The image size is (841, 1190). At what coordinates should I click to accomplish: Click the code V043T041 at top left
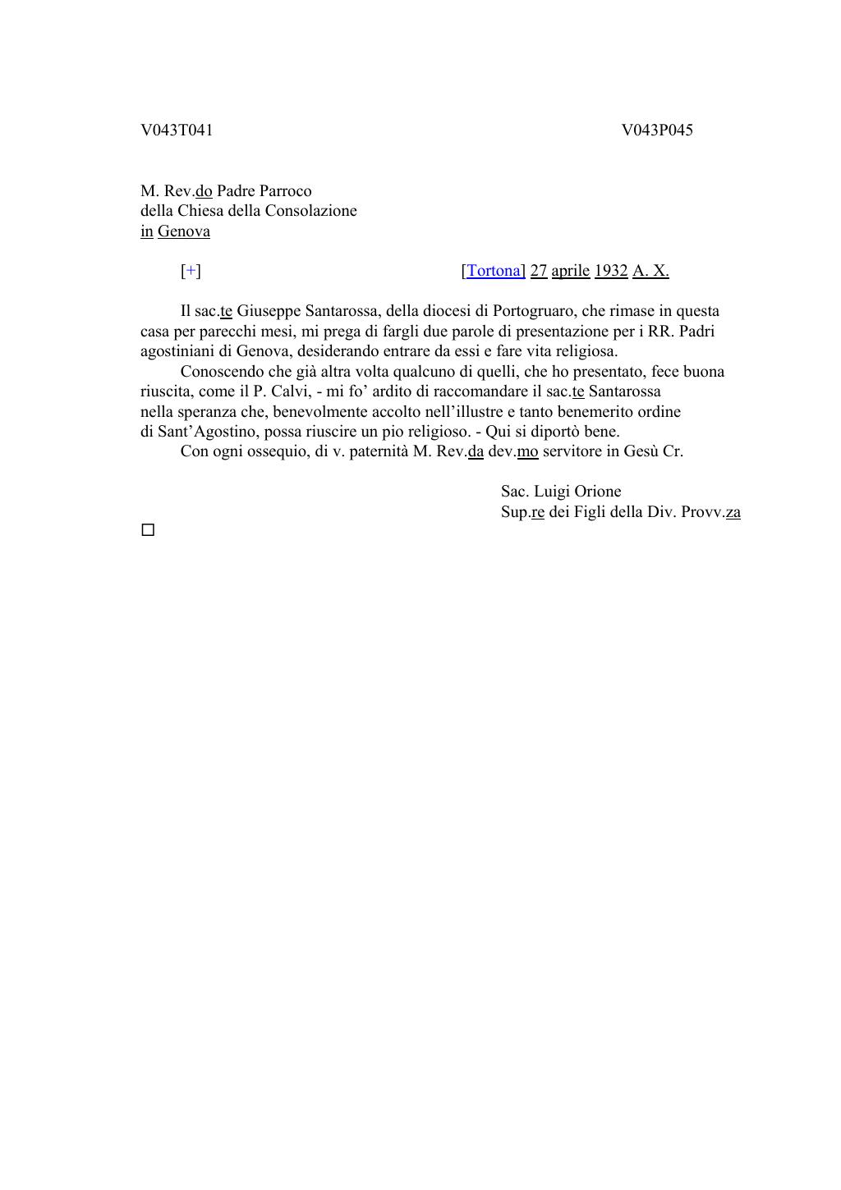click(177, 130)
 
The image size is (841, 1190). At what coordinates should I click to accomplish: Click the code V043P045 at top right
click(656, 130)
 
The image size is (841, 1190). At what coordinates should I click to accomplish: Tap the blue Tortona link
click(494, 271)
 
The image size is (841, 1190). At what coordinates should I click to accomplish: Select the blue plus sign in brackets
click(191, 271)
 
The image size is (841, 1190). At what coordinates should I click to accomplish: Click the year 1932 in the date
click(610, 271)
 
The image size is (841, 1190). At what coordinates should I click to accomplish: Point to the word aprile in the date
click(570, 271)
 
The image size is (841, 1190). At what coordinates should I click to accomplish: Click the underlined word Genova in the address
click(183, 231)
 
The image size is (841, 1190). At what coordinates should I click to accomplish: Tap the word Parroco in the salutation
click(285, 191)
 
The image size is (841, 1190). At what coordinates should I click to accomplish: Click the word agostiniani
click(177, 351)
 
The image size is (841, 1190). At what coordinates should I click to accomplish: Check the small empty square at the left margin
click(148, 530)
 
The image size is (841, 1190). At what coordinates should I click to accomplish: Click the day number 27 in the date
click(539, 271)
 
